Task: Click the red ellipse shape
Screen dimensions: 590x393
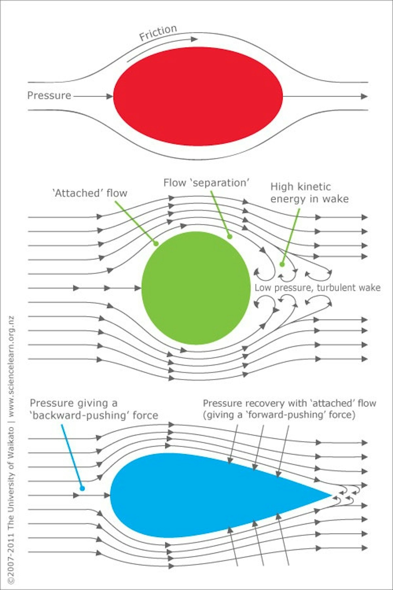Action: pyautogui.click(x=198, y=96)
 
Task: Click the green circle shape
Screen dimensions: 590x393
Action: pyautogui.click(x=196, y=288)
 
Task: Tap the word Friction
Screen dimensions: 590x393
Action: pyautogui.click(x=158, y=32)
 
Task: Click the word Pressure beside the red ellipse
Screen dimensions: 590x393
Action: pyautogui.click(x=49, y=95)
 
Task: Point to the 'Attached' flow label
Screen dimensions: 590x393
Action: pyautogui.click(x=90, y=193)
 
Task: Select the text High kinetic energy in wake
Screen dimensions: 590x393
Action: pyautogui.click(x=309, y=193)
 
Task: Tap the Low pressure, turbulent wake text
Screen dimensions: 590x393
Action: pyautogui.click(x=317, y=288)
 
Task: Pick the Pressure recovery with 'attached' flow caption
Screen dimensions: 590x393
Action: pyautogui.click(x=289, y=409)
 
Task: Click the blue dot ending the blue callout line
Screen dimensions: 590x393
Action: pyautogui.click(x=83, y=488)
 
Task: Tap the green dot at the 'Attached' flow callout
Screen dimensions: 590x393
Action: pyautogui.click(x=156, y=244)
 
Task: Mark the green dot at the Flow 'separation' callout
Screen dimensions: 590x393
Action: pyautogui.click(x=230, y=236)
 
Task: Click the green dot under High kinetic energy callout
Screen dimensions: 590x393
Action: pyautogui.click(x=282, y=264)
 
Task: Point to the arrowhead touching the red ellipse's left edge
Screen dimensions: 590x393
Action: pyautogui.click(x=109, y=96)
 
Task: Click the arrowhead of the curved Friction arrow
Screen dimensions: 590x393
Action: pyautogui.click(x=194, y=39)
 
